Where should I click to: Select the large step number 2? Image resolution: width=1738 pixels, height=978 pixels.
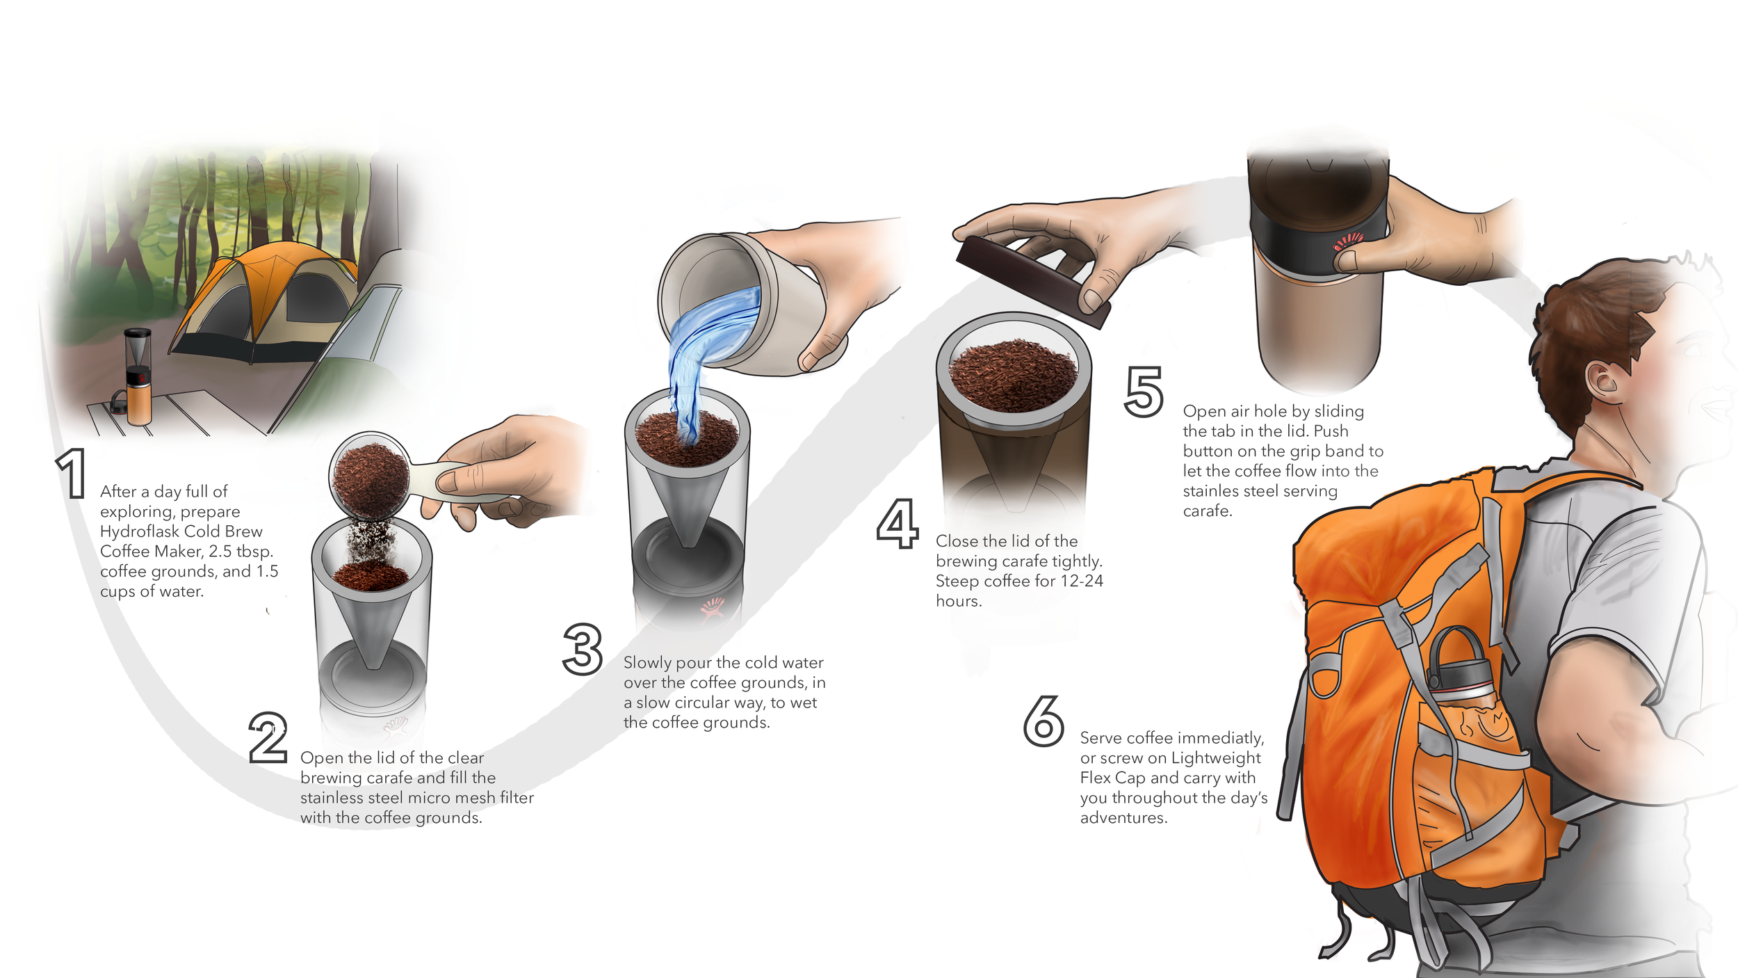(268, 737)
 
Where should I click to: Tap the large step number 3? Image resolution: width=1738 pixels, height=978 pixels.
(583, 649)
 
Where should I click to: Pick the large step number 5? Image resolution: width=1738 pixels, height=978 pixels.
(1144, 392)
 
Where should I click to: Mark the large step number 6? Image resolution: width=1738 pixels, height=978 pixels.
(1043, 721)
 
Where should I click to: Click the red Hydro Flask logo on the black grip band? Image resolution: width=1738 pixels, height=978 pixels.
(1347, 242)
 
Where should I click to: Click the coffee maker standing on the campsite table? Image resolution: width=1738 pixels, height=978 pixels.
(138, 376)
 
